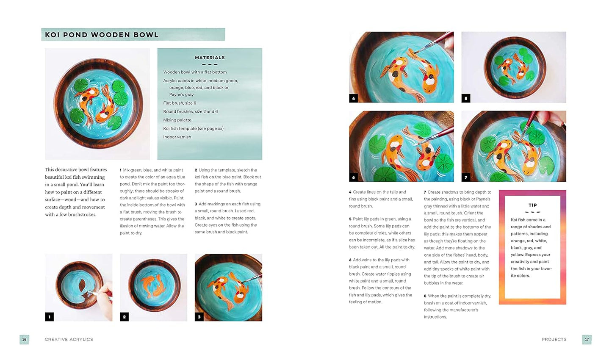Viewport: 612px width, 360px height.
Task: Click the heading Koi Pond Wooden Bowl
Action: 102,35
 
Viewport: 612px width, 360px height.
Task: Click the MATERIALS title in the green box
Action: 210,58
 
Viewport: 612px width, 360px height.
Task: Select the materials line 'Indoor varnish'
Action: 177,137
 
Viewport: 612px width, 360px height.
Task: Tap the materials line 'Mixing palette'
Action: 177,120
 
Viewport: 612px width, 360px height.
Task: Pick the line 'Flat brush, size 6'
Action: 180,103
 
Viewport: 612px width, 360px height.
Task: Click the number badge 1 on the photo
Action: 50,316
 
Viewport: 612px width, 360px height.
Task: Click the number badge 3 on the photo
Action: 199,316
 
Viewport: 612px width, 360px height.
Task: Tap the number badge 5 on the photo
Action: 466,98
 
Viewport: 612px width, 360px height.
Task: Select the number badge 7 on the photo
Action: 466,177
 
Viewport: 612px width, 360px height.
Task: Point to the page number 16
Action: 24,339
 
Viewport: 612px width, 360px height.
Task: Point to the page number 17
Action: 587,339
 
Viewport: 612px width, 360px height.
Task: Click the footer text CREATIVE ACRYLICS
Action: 69,339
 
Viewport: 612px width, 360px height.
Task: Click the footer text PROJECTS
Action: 554,339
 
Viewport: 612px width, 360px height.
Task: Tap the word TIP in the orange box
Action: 532,205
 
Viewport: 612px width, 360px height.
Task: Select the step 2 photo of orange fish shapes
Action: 153,287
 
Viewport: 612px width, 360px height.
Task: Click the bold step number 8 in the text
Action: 425,296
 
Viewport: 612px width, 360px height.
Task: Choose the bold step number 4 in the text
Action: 350,192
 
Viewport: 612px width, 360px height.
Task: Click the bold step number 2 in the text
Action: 196,170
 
